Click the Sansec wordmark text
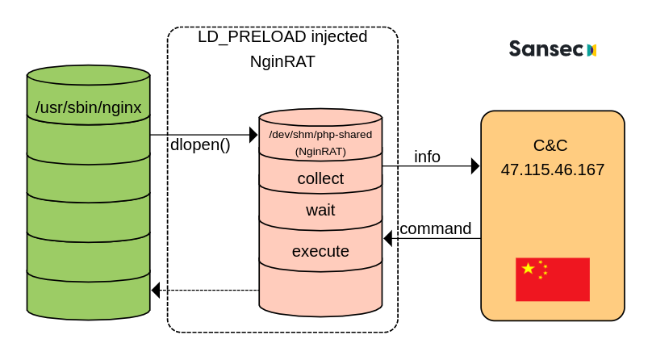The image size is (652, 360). point(545,49)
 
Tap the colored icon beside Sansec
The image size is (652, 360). point(591,50)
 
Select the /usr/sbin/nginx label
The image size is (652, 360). point(89,107)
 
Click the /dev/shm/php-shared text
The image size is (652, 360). point(320,134)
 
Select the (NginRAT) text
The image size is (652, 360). point(320,151)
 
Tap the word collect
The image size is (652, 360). point(320,178)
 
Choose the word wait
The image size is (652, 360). point(320,210)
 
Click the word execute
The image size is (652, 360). point(320,251)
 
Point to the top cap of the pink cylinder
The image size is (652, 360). point(320,117)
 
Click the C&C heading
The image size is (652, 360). point(550,145)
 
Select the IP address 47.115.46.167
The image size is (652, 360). point(553,170)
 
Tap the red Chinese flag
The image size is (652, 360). point(553,279)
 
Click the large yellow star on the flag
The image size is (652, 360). point(529,268)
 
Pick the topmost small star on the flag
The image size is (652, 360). point(540,261)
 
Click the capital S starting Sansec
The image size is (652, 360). point(515,49)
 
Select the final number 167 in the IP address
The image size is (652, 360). point(590,170)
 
